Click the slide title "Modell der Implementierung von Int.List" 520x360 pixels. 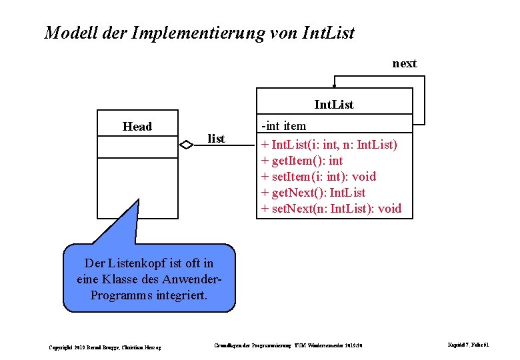(x=199, y=32)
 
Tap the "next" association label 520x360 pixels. (x=404, y=63)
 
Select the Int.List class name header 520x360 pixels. (x=334, y=105)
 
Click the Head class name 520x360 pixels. (x=137, y=127)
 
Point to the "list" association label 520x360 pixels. (x=216, y=139)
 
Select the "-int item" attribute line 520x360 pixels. (x=284, y=126)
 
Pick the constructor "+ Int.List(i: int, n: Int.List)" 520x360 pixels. (x=329, y=145)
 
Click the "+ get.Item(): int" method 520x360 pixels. (x=302, y=161)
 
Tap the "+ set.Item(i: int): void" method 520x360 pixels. (x=319, y=177)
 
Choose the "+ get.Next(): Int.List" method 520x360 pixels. (x=313, y=193)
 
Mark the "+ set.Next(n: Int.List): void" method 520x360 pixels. (x=331, y=209)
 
